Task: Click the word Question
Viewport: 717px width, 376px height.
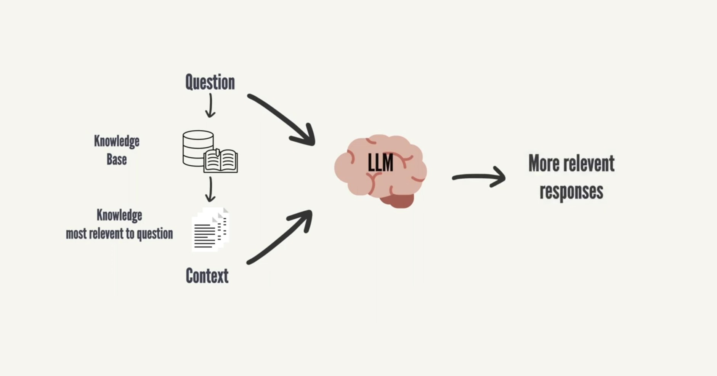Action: click(x=210, y=82)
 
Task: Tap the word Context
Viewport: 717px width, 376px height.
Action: click(x=207, y=275)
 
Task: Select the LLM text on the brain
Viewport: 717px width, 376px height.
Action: click(x=380, y=163)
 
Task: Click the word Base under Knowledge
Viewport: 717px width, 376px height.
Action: click(x=117, y=159)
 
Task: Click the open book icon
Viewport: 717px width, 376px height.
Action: click(x=221, y=161)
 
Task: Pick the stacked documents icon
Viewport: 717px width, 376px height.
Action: click(x=210, y=229)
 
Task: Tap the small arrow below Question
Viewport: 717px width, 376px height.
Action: click(x=210, y=106)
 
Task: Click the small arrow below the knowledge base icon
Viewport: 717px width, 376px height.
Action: click(x=210, y=190)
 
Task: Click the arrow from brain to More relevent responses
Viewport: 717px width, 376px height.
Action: click(x=479, y=177)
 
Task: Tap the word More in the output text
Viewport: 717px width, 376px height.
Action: click(x=544, y=163)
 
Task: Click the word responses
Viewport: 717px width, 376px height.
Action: click(x=571, y=191)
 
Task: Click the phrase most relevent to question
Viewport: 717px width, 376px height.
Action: click(x=119, y=234)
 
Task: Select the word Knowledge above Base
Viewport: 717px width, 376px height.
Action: click(x=117, y=141)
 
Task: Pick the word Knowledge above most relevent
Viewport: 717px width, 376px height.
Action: click(x=119, y=215)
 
